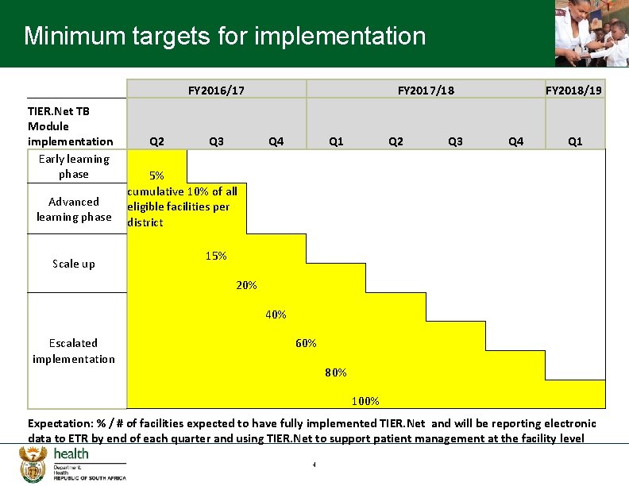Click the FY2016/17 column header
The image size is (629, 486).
click(216, 91)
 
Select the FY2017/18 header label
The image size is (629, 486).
click(426, 91)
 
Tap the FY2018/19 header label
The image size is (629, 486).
click(574, 91)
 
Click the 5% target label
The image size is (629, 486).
click(157, 175)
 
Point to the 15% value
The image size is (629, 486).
click(216, 256)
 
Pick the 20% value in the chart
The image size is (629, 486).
click(246, 285)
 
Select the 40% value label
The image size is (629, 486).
click(276, 314)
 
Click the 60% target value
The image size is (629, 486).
click(306, 343)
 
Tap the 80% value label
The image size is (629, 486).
click(335, 372)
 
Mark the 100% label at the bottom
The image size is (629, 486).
click(365, 401)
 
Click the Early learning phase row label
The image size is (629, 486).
click(74, 166)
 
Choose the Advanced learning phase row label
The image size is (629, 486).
click(74, 209)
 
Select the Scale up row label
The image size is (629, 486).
click(74, 264)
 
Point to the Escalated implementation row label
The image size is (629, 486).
click(74, 351)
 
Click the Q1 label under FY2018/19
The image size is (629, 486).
click(575, 141)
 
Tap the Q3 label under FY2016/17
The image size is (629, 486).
click(216, 141)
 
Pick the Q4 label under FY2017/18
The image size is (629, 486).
click(515, 141)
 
